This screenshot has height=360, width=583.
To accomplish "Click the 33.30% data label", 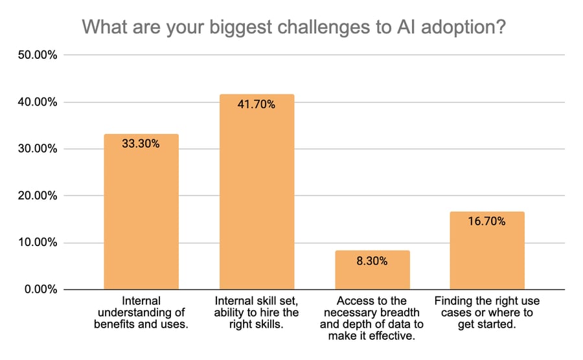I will (x=141, y=144).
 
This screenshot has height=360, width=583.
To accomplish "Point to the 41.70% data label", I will (x=257, y=104).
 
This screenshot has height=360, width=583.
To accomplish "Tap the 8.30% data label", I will (x=372, y=262).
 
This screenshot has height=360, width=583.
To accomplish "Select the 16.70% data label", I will (x=487, y=221).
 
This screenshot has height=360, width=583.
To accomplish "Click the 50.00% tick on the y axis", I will (x=36, y=56).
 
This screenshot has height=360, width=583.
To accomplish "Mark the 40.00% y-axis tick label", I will (x=36, y=102).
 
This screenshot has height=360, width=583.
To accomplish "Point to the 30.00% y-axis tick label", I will (x=36, y=149).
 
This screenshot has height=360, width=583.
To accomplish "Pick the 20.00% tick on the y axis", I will (x=36, y=196).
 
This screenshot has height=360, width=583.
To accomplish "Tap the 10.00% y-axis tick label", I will (x=36, y=243).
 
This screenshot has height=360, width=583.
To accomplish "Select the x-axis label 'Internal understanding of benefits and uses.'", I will (x=141, y=313).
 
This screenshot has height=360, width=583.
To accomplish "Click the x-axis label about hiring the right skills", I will (x=257, y=313).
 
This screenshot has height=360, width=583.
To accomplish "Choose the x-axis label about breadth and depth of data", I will (x=372, y=319).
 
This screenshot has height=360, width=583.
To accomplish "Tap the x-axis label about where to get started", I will (x=487, y=313).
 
